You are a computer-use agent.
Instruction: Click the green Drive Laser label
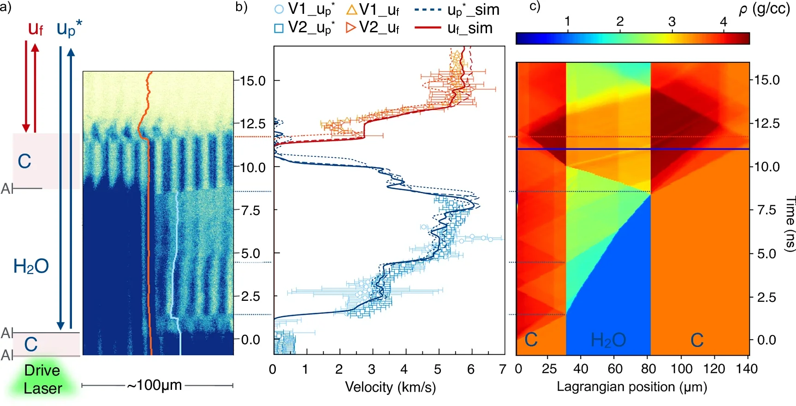(x=42, y=379)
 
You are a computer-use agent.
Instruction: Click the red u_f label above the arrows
(x=35, y=29)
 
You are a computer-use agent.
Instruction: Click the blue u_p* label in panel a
(x=69, y=29)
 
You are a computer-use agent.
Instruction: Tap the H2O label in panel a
(x=31, y=266)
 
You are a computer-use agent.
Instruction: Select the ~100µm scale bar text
(x=154, y=385)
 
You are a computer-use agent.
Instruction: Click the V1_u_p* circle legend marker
(x=279, y=9)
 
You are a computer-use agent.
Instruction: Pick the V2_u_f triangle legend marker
(x=351, y=28)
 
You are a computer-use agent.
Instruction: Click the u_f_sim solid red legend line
(x=428, y=28)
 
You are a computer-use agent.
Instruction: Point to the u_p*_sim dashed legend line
(x=428, y=9)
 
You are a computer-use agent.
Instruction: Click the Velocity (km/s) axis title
(x=390, y=387)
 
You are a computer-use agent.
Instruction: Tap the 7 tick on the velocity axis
(x=503, y=369)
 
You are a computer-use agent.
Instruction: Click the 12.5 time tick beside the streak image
(x=253, y=124)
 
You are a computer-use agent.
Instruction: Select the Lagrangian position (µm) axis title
(x=632, y=387)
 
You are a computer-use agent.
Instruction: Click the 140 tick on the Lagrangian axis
(x=746, y=369)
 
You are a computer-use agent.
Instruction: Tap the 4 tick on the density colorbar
(x=723, y=22)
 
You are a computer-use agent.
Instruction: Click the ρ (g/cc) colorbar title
(x=764, y=9)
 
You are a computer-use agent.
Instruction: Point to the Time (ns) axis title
(x=790, y=224)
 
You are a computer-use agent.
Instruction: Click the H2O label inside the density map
(x=608, y=340)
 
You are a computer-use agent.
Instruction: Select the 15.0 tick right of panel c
(x=767, y=80)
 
